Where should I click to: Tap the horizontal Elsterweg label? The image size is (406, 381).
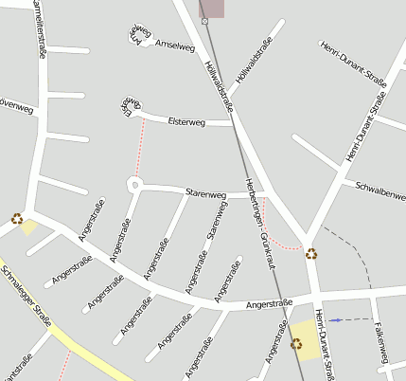185,122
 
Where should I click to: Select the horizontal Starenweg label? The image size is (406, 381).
206,193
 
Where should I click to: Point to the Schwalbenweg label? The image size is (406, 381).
380,191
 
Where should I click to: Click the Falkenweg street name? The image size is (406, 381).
382,341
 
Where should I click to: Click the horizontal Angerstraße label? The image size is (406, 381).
268,304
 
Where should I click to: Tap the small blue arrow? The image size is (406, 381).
336,320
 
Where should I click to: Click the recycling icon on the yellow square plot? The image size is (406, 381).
296,344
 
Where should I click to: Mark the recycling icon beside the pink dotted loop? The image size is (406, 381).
312,253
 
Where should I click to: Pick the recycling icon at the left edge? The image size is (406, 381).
17,219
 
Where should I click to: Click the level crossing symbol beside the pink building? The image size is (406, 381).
204,20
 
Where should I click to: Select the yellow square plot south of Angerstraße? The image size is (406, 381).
307,338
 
